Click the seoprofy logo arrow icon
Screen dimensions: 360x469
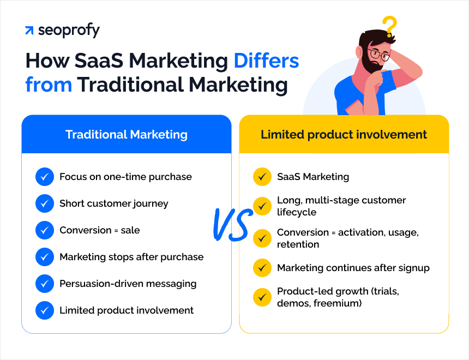pyautogui.click(x=29, y=31)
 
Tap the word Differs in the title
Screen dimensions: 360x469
pyautogui.click(x=266, y=61)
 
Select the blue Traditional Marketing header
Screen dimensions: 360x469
pyautogui.click(x=126, y=134)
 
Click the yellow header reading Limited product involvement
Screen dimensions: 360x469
pyautogui.click(x=344, y=134)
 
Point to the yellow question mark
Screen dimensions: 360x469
pyautogui.click(x=389, y=27)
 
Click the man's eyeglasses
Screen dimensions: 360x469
pyautogui.click(x=378, y=55)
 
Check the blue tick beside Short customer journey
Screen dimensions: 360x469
pyautogui.click(x=44, y=203)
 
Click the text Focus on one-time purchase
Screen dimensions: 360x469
pyautogui.click(x=125, y=177)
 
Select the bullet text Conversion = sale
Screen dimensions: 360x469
pyautogui.click(x=100, y=230)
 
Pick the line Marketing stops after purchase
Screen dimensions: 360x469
pyautogui.click(x=131, y=257)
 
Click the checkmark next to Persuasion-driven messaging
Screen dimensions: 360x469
pyautogui.click(x=44, y=284)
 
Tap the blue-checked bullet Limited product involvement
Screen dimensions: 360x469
pyautogui.click(x=127, y=310)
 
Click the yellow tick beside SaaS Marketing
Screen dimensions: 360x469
pyautogui.click(x=262, y=177)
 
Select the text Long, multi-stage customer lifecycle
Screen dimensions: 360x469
pyautogui.click(x=341, y=206)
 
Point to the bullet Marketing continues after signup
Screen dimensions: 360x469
pyautogui.click(x=353, y=268)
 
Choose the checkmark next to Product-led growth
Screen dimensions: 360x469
pyautogui.click(x=262, y=297)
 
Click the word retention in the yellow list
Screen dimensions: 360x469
pyautogui.click(x=298, y=244)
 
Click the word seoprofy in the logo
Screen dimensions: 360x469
pyautogui.click(x=69, y=31)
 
